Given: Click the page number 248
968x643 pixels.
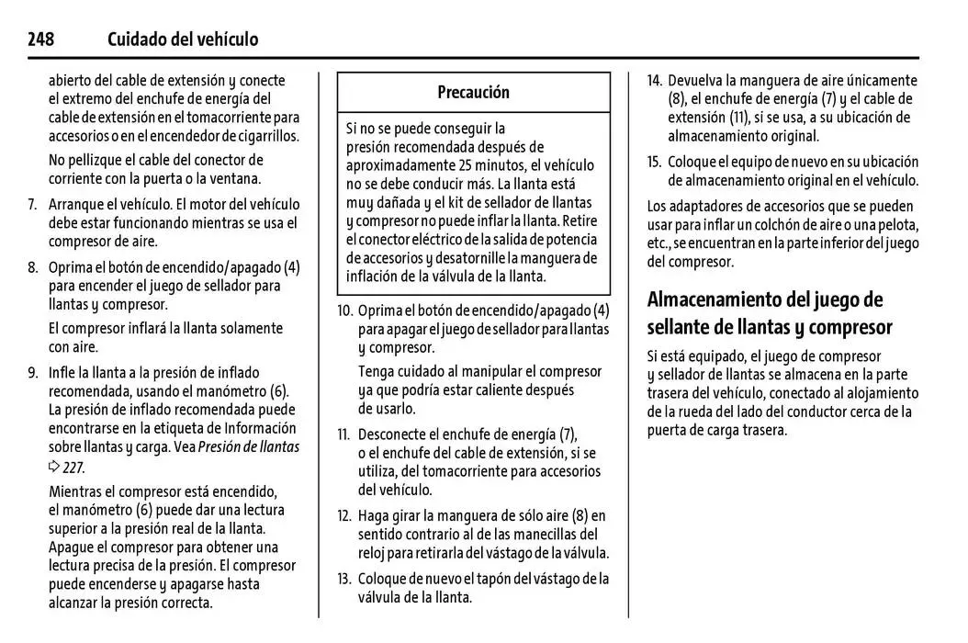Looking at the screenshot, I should (x=40, y=39).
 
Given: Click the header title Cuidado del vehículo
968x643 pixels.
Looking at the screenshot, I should (x=183, y=39).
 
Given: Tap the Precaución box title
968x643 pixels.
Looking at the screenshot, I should (x=473, y=92).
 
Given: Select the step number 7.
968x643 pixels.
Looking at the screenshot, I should (x=31, y=205).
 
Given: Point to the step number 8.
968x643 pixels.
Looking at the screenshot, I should (x=31, y=267).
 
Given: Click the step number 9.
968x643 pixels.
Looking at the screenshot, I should (x=31, y=373).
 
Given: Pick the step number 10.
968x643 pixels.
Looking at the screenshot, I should (x=344, y=310).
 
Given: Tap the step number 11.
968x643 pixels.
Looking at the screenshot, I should (x=344, y=434).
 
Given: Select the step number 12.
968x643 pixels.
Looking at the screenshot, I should (x=344, y=515).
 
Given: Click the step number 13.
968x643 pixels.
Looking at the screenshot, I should (x=344, y=579).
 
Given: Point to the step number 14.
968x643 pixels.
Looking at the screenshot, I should (x=654, y=81).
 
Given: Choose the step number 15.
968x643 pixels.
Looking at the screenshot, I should (x=654, y=162).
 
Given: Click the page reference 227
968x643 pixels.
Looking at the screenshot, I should (x=73, y=466).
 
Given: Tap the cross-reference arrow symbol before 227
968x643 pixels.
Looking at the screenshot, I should (x=54, y=467).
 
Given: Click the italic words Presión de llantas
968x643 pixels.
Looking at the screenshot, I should (x=249, y=447).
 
